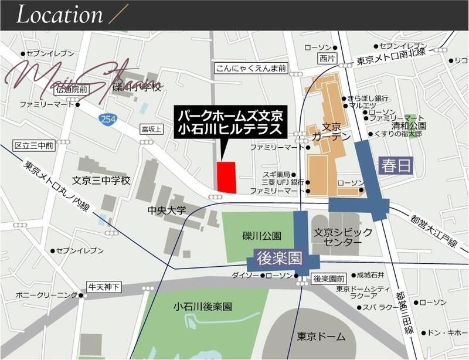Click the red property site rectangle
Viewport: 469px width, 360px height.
226,176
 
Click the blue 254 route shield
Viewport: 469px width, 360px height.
107,120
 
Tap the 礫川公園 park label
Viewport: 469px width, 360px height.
261,236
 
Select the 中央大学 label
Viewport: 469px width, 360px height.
167,209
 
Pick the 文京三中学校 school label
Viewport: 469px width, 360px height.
101,181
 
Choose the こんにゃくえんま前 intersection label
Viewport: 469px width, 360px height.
251,69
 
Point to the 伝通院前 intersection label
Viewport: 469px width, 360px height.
72,90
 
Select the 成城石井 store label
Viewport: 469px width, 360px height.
371,275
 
